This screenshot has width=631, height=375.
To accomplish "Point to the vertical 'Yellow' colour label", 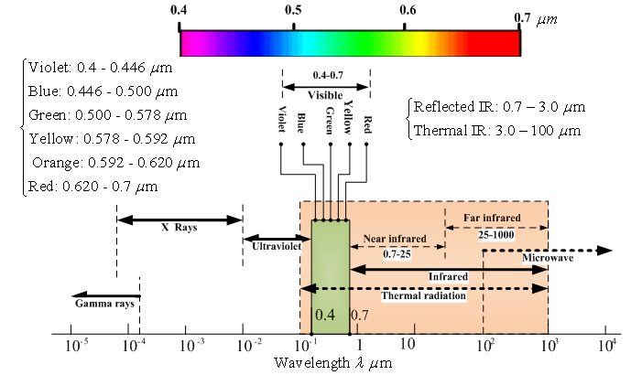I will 348,119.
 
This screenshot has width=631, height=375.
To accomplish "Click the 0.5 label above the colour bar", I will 293,10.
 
